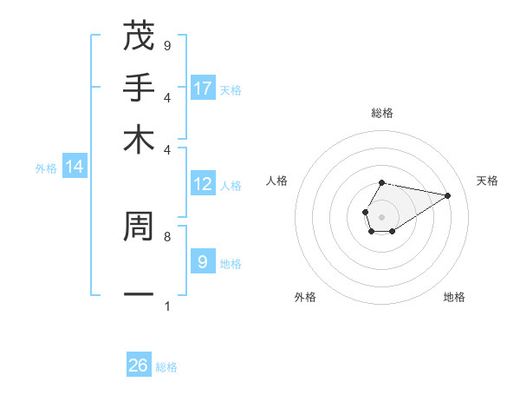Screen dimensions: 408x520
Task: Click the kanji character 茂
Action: pyautogui.click(x=139, y=36)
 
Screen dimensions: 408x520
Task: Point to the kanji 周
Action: pyautogui.click(x=139, y=227)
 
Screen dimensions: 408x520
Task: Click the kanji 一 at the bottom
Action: pyautogui.click(x=139, y=295)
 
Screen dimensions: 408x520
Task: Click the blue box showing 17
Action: pyautogui.click(x=203, y=89)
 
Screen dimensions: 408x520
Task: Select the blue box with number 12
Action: pyautogui.click(x=203, y=184)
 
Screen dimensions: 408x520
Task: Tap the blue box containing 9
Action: pyautogui.click(x=203, y=261)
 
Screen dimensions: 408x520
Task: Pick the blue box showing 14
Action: pyautogui.click(x=75, y=168)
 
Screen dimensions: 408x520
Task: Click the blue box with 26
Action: pyautogui.click(x=139, y=365)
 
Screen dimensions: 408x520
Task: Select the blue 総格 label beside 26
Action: pyautogui.click(x=166, y=367)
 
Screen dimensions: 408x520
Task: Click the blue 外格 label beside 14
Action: pyautogui.click(x=46, y=168)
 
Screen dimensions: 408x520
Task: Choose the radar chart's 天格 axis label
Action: pyautogui.click(x=487, y=181)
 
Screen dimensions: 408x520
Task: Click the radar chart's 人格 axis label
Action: pyautogui.click(x=277, y=181)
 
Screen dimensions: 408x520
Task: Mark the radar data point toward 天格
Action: pyautogui.click(x=447, y=195)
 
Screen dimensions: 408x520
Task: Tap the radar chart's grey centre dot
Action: pyautogui.click(x=381, y=215)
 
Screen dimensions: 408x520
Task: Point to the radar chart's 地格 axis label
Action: pyautogui.click(x=454, y=297)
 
